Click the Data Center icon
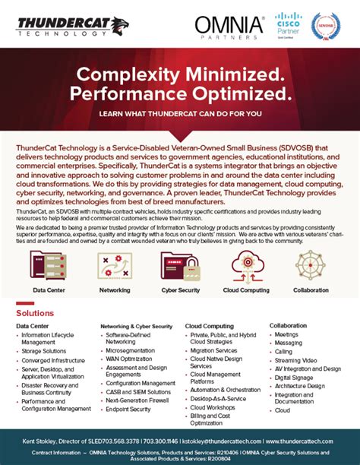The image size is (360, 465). (47, 265)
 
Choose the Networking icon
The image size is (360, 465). (115, 265)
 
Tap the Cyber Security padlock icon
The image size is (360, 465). (180, 265)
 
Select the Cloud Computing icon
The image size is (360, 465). (245, 265)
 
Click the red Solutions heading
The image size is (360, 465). (35, 313)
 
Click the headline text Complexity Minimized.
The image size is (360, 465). (180, 74)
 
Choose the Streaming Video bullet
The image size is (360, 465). (297, 359)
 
